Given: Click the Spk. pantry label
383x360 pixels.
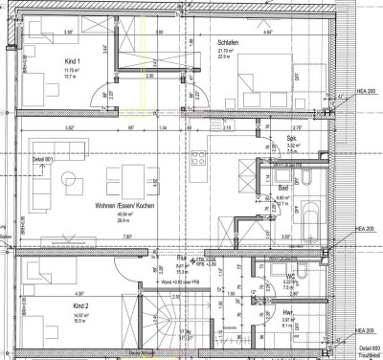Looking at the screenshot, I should pyautogui.click(x=290, y=139).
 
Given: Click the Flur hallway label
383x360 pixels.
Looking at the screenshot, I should pyautogui.click(x=181, y=259).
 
